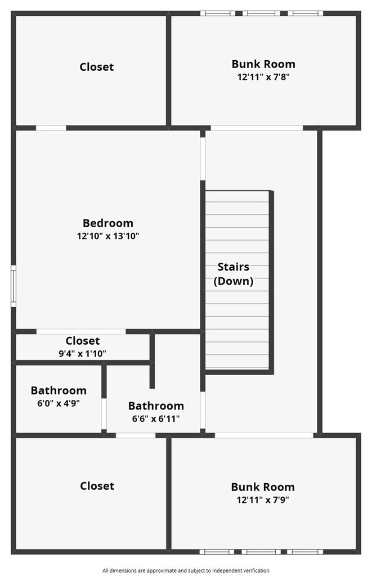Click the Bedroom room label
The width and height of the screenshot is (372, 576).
[107, 223]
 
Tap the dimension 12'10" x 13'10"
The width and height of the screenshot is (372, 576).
[107, 236]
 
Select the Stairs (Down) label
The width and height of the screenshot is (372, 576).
[234, 274]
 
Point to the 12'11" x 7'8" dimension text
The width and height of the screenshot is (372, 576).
[263, 76]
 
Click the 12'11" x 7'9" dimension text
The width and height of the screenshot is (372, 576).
[263, 499]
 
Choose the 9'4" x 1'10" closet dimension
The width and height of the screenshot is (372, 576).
[82, 353]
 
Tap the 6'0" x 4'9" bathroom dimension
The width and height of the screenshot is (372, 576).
[59, 403]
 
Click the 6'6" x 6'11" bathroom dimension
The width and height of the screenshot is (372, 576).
[156, 418]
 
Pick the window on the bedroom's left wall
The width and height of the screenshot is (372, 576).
[14, 286]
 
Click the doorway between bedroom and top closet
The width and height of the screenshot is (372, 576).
[51, 128]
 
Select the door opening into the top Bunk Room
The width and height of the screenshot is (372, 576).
[257, 128]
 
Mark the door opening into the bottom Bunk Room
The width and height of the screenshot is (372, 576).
[264, 435]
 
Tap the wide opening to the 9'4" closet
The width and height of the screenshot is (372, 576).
[81, 332]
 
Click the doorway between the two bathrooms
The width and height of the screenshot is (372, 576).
[104, 414]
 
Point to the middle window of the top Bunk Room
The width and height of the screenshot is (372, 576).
[261, 13]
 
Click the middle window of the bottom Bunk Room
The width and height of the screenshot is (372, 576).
[261, 552]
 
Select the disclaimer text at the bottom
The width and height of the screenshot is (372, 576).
[186, 570]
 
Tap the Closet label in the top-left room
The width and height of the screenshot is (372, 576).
[97, 67]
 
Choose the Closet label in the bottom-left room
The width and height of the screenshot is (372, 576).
[97, 486]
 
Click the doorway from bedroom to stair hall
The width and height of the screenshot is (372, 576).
[203, 159]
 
